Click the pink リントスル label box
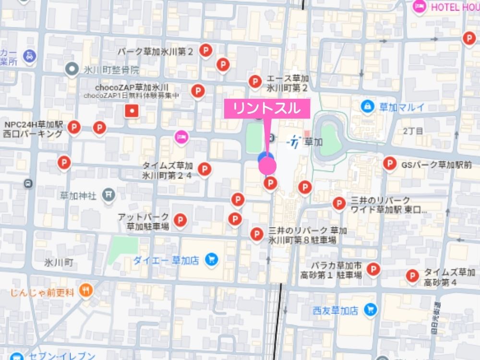(267, 108)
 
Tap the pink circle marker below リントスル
(267, 166)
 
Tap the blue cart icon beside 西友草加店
(370, 310)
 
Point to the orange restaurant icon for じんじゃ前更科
(86, 290)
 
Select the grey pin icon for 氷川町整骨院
(72, 70)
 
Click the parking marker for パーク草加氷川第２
(206, 50)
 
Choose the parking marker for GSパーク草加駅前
(389, 164)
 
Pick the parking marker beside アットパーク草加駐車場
(180, 220)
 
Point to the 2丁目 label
(413, 131)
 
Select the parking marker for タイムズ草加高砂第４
(412, 276)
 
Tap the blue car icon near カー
(30, 55)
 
